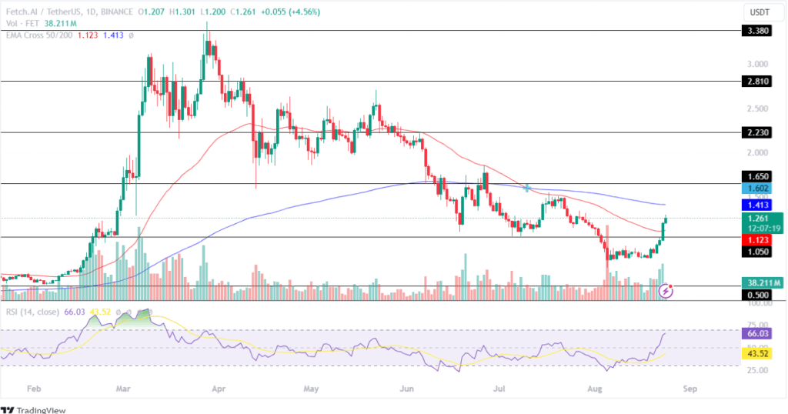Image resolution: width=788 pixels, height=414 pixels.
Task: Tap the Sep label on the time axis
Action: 689,389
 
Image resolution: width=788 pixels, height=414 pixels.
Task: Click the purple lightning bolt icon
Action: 666,292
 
